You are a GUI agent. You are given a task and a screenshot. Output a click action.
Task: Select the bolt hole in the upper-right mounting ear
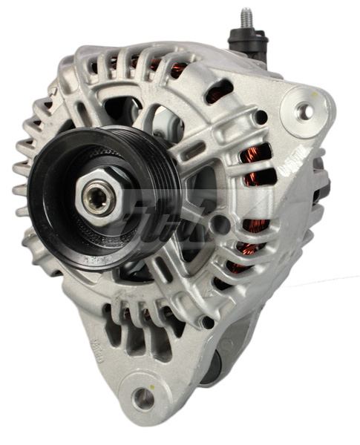304,111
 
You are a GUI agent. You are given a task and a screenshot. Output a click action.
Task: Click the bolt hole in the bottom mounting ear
143,398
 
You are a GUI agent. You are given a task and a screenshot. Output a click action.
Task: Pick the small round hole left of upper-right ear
261,116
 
